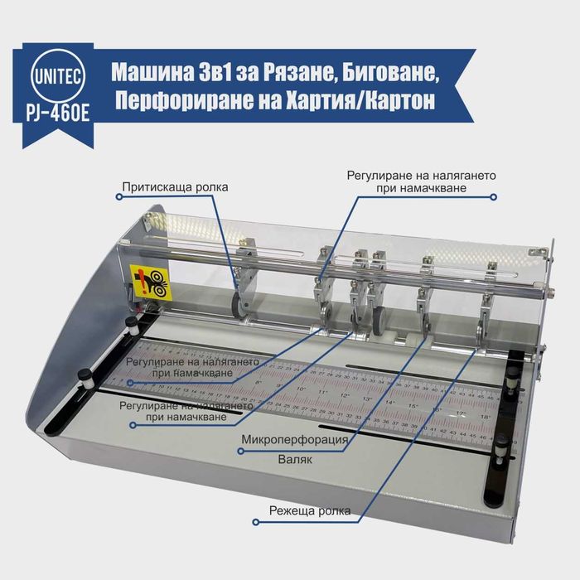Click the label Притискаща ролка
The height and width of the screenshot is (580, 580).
175,187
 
